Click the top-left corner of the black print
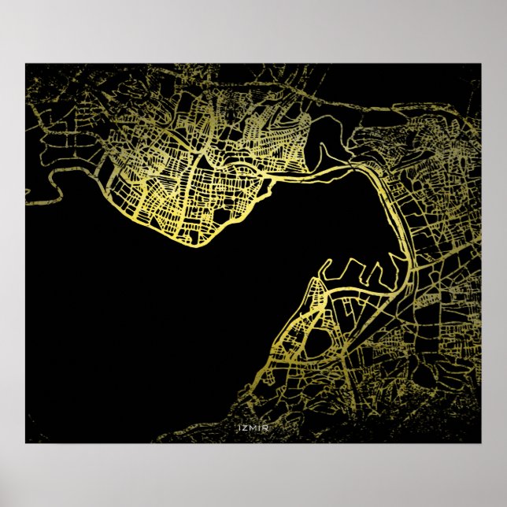click(26, 64)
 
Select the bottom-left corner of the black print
click(26, 442)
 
